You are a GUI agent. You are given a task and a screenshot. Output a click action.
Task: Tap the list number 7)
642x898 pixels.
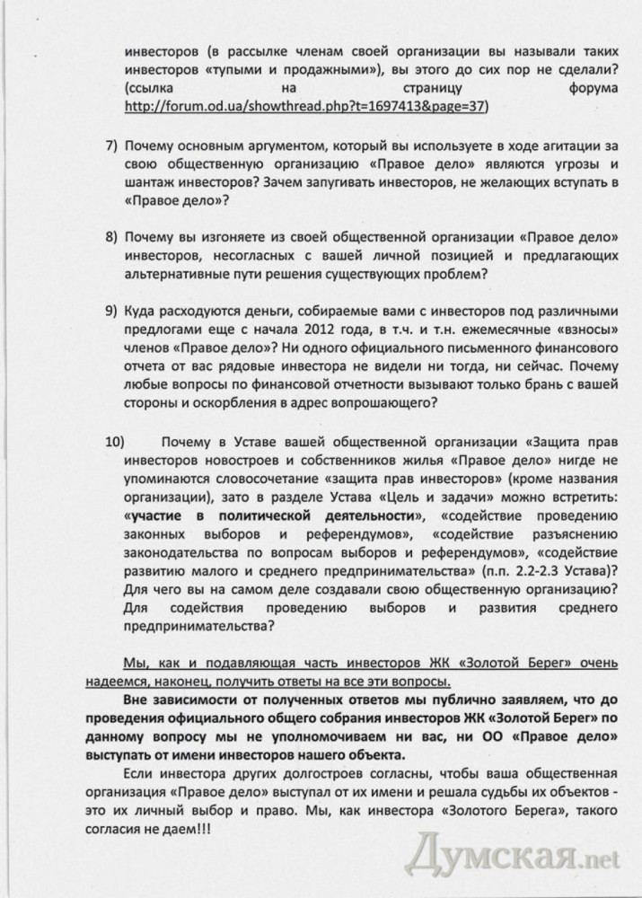(112, 145)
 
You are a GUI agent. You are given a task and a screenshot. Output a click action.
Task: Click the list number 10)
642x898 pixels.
(116, 442)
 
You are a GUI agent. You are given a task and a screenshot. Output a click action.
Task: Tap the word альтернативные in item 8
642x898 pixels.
(180, 277)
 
